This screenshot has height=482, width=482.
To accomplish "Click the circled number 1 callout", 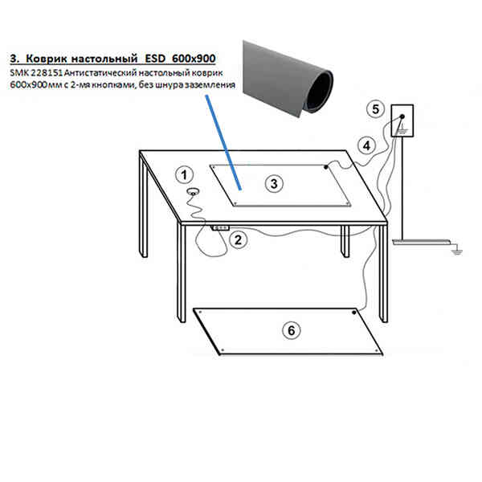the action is pos(184,175).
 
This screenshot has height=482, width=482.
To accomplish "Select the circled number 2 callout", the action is pos(239,240).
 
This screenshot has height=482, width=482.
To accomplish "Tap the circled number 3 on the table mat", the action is pos(274,184).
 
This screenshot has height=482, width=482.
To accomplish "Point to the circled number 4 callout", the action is pos(366,146).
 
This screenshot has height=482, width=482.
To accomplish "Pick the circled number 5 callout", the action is pos(376,109).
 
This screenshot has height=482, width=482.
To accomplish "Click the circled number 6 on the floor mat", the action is pos(291,330).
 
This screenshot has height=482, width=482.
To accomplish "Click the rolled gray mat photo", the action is pos(288,79).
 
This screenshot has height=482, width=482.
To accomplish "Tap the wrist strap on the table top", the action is pos(193,192).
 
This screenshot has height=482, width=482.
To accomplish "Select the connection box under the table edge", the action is pos(220,228).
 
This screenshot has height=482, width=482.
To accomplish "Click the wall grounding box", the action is pos(402,120).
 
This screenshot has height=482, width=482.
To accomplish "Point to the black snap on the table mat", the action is pos(326,167).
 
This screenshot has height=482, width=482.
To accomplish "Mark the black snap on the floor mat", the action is pos(354,312).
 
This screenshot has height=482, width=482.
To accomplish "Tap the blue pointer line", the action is pos(223,142).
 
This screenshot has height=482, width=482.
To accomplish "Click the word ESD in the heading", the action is pos(155,59).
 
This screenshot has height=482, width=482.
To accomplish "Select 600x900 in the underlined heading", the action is pos(194,59).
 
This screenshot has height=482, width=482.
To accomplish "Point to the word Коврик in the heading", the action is pos(47,59).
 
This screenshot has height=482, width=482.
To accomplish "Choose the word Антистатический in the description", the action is pos(100,73).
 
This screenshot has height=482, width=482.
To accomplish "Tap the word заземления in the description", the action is pos(209,85).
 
